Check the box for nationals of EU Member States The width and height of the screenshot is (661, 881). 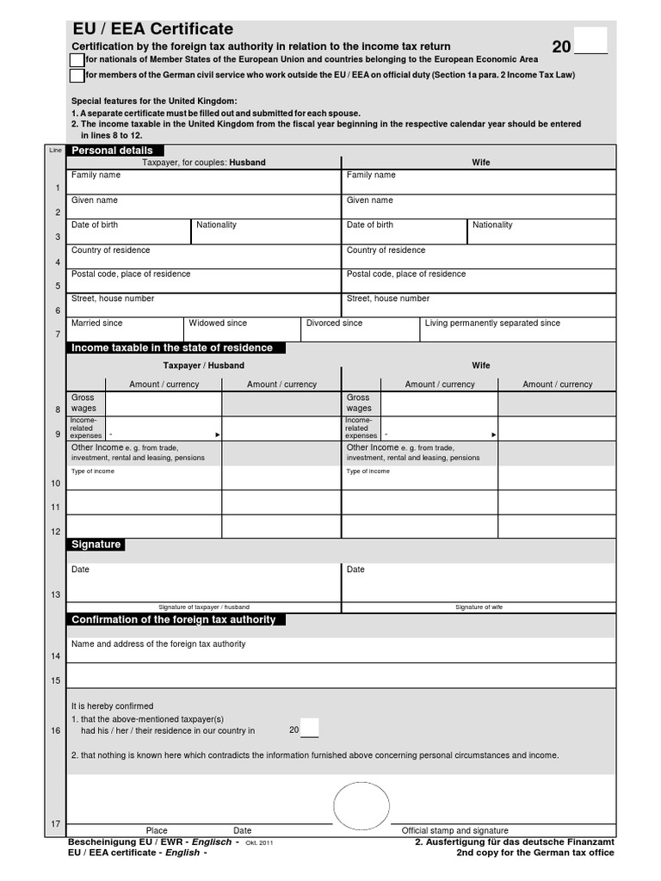[77, 59]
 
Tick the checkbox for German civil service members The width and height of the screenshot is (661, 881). [77, 76]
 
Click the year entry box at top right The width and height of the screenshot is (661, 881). [590, 40]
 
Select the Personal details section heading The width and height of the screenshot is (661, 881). [111, 151]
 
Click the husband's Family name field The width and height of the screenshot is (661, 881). [204, 182]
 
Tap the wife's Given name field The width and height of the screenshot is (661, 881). [479, 207]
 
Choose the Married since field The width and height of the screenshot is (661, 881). [125, 330]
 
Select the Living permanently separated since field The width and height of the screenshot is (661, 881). [518, 330]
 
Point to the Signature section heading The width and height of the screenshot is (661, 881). [96, 545]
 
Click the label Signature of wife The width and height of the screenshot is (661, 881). [479, 607]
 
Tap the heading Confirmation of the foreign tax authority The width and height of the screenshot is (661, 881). [176, 619]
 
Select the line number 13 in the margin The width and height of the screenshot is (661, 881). [58, 595]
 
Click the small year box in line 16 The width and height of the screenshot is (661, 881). [309, 728]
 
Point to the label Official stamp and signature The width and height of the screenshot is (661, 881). [454, 830]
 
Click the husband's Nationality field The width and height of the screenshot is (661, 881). [265, 232]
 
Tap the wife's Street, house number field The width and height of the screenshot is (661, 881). [479, 305]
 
